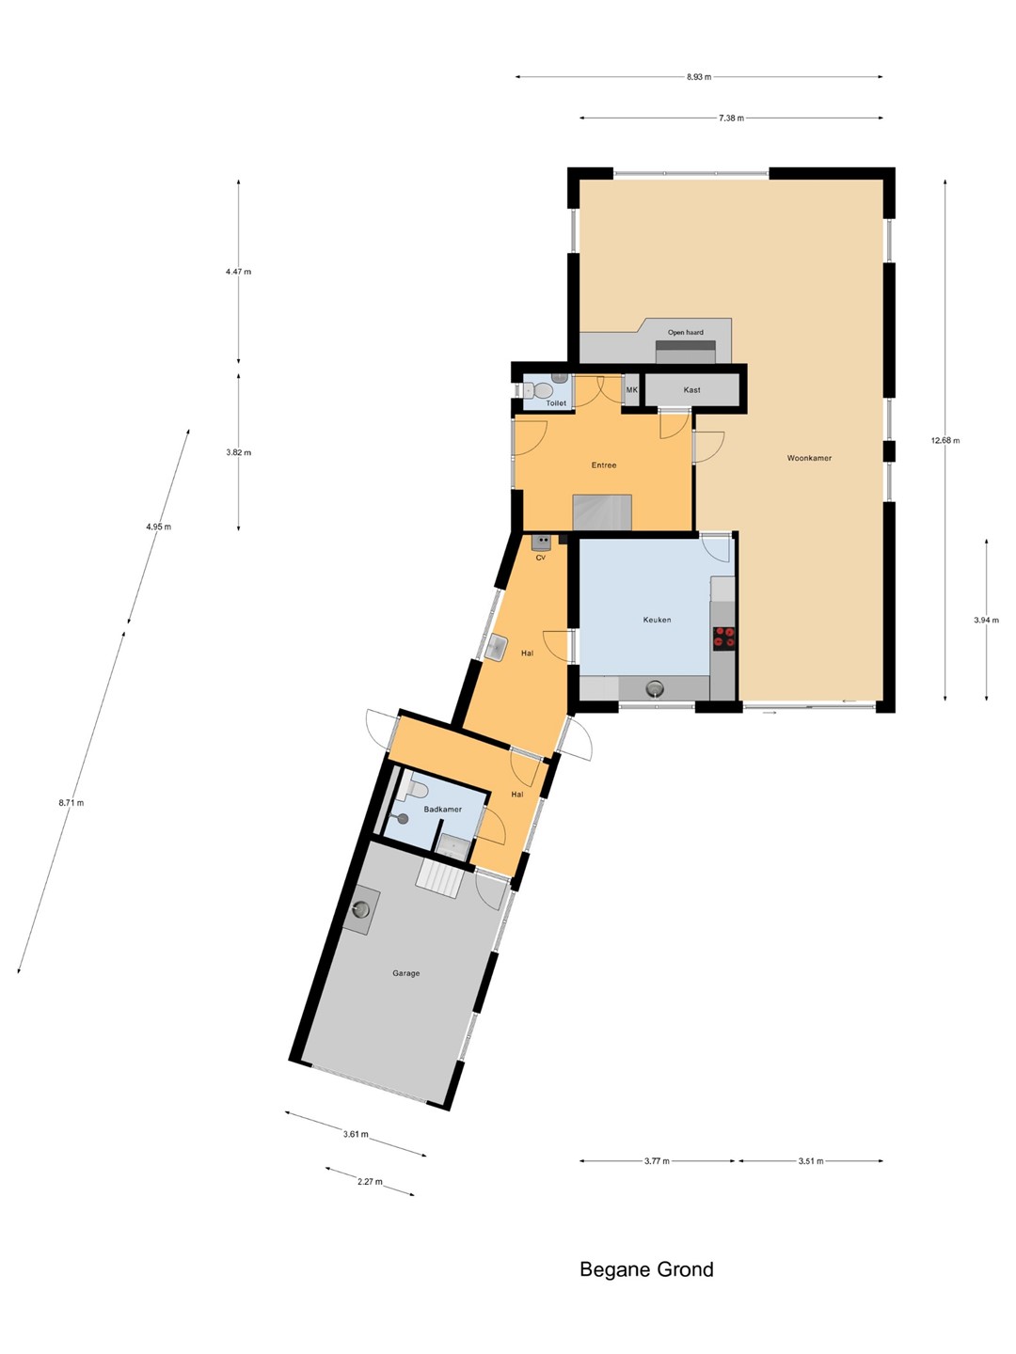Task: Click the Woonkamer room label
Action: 809,458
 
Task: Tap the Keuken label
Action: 657,620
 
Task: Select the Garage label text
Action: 405,973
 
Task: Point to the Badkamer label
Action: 442,810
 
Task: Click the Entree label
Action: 604,465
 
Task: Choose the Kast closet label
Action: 692,390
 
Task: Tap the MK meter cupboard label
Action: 631,390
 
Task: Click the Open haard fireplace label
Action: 686,333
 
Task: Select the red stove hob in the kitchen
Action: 724,638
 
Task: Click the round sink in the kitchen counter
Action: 655,687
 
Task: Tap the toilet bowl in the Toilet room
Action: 542,390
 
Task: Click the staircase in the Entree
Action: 602,512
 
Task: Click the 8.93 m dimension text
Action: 699,77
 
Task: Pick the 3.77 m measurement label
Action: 657,1161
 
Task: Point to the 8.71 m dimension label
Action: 71,803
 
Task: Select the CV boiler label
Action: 540,558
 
